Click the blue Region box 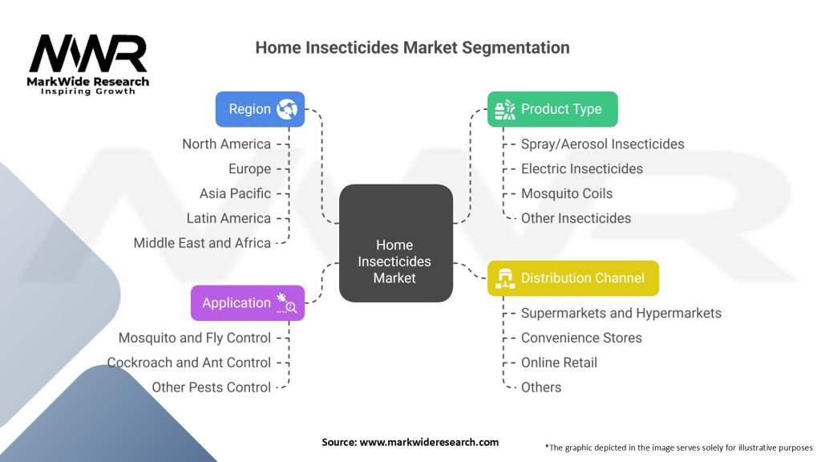(x=260, y=109)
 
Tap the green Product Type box (x=552, y=109)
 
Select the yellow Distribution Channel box (x=572, y=278)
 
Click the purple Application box (x=247, y=303)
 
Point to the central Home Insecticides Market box (x=395, y=243)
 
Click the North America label (x=226, y=144)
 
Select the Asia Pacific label (x=235, y=193)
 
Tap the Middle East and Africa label (x=202, y=243)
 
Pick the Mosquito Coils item (x=566, y=193)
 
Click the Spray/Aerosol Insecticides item (x=602, y=144)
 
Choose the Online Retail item (x=559, y=363)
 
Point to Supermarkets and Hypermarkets (x=621, y=313)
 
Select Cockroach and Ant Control (x=189, y=363)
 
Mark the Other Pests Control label (x=212, y=387)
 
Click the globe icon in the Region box (x=286, y=109)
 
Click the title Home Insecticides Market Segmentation (x=412, y=47)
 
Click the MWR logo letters (x=88, y=55)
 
